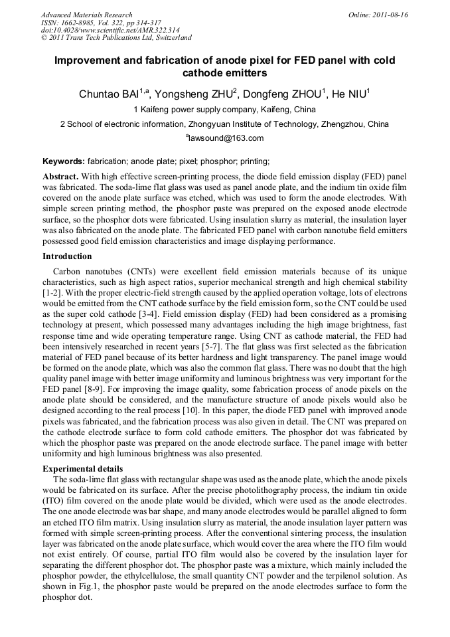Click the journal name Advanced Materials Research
click(x=86, y=15)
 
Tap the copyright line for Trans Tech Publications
click(x=116, y=39)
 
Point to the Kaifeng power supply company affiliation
click(x=225, y=110)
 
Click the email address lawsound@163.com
click(x=226, y=138)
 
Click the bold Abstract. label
click(x=61, y=177)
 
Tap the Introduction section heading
click(x=67, y=256)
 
